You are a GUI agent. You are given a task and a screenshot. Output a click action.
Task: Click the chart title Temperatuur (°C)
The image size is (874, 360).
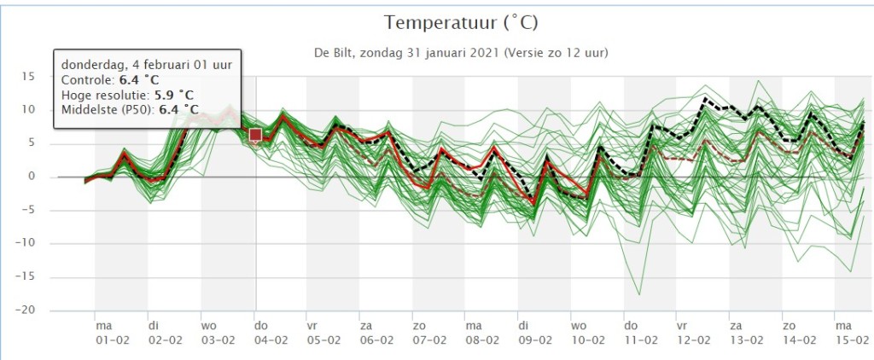pos(460,23)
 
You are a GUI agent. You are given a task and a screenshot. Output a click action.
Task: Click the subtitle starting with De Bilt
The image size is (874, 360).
pos(461,54)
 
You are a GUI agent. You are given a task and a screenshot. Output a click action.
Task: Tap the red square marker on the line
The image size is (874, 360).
pos(256,135)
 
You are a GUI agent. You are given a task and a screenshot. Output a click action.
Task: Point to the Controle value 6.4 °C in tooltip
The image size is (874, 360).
pos(139,79)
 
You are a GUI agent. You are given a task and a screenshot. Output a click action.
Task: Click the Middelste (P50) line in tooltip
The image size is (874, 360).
pos(130,110)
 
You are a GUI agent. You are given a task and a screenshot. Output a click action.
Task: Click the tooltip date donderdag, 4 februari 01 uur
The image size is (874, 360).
pos(147,65)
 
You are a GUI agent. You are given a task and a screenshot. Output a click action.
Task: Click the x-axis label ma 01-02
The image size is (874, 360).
pos(112,333)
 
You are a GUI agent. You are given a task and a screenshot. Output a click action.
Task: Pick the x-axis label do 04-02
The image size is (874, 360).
pos(271,333)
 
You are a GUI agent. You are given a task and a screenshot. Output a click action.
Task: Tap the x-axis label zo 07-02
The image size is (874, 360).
pos(430,333)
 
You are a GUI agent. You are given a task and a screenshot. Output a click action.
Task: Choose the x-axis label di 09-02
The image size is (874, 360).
pos(535,333)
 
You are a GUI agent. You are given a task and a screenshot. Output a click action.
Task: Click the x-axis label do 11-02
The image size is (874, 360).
pos(641,333)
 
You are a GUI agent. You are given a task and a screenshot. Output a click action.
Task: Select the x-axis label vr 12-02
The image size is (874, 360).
pos(694,333)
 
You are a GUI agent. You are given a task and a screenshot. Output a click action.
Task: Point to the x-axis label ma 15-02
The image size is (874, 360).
pos(852,333)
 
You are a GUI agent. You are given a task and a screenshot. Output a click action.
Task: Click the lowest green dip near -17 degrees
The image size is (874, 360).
pos(639,293)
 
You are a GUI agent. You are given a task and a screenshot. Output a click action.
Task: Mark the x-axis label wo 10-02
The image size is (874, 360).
pos(588,333)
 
